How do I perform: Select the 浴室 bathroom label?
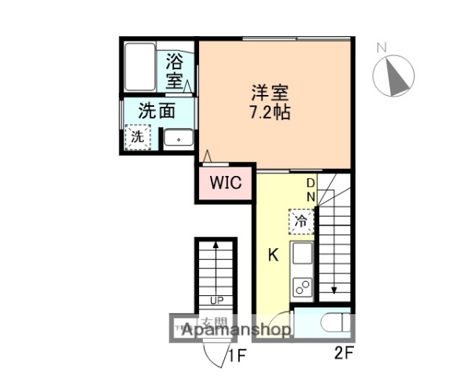tap(175, 71)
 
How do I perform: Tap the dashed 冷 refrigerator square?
tap(301, 221)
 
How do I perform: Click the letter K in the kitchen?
tap(273, 255)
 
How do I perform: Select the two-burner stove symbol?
tap(301, 287)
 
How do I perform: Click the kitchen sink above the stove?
tap(301, 255)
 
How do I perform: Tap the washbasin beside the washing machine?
tap(179, 139)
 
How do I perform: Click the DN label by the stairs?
tap(311, 189)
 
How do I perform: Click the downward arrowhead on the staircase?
tap(334, 290)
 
